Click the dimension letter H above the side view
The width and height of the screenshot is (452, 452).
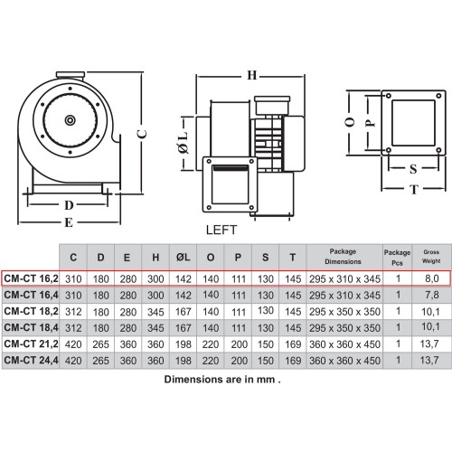(x=252, y=75)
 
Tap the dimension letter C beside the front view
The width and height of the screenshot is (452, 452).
(x=142, y=134)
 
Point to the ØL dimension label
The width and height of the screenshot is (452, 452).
(x=184, y=143)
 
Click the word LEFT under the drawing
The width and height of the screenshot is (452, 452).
(x=221, y=230)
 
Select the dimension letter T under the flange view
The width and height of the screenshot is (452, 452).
(x=414, y=189)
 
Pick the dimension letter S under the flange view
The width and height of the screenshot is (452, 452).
(x=413, y=169)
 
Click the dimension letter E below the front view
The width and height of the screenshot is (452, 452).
(x=69, y=222)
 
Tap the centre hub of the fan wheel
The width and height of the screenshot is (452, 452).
(x=71, y=120)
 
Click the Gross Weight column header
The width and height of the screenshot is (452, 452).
(x=431, y=257)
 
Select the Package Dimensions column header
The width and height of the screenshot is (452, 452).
(x=343, y=257)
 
